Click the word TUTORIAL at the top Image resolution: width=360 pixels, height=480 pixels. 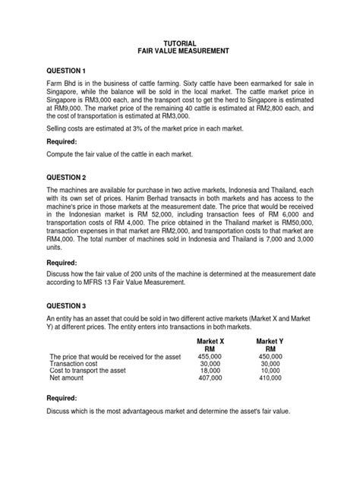coord(180,43)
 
